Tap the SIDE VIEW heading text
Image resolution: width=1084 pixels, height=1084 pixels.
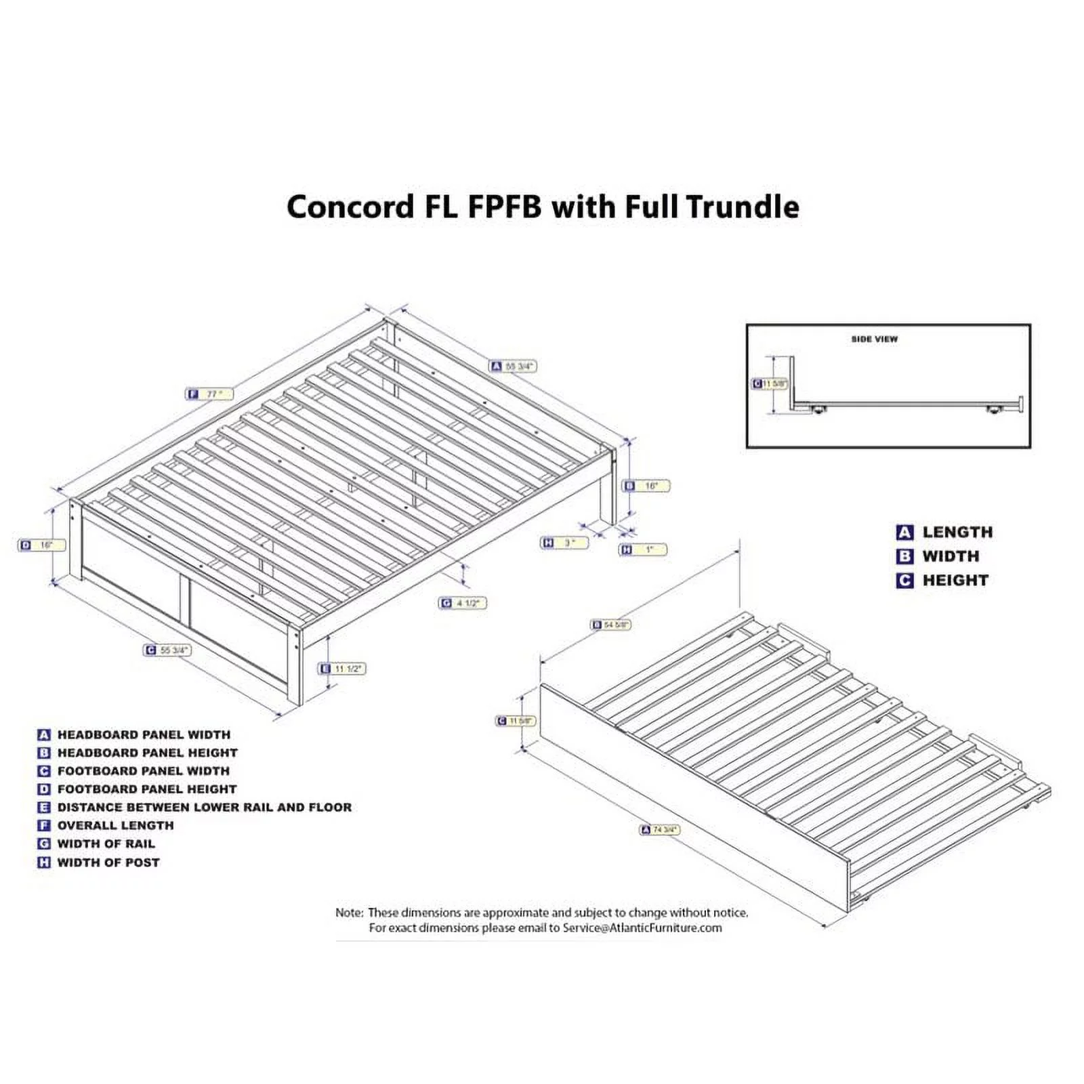click(874, 339)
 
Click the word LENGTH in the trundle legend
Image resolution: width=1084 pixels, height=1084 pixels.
click(957, 533)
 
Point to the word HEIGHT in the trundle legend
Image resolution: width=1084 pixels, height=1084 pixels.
click(955, 581)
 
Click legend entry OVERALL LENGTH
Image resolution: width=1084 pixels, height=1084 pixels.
click(115, 826)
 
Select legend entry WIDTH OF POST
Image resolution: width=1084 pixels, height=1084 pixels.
click(108, 862)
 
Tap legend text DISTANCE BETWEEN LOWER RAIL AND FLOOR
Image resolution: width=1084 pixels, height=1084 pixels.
click(204, 808)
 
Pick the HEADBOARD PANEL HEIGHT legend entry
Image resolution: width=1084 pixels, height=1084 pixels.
click(147, 753)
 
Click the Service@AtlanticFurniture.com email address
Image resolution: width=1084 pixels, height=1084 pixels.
click(642, 928)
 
